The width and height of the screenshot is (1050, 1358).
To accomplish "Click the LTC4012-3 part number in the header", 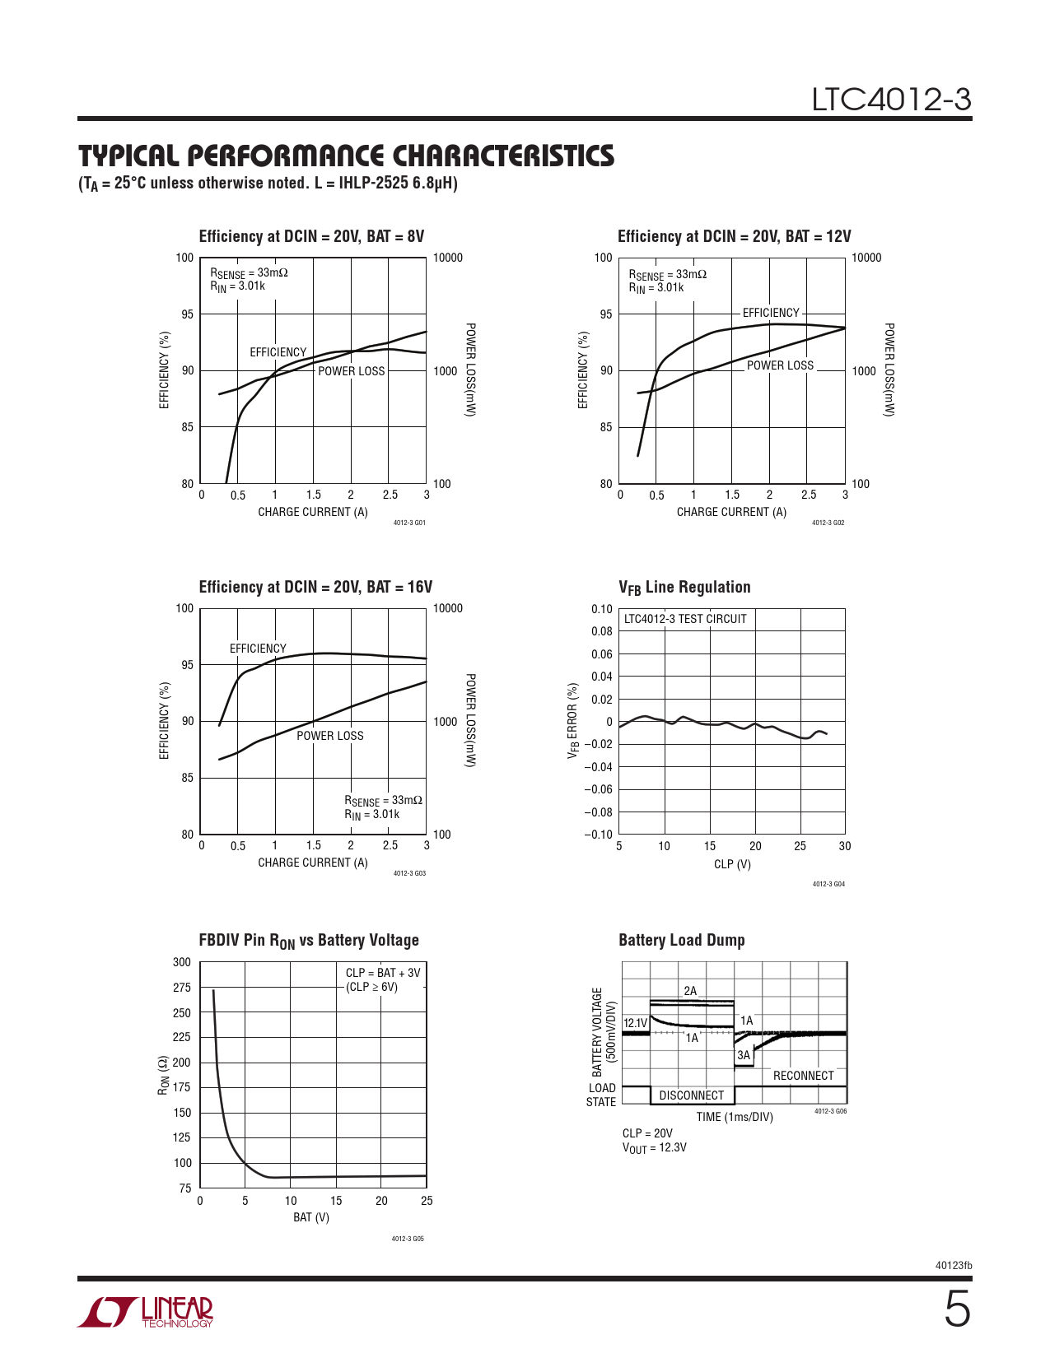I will [891, 100].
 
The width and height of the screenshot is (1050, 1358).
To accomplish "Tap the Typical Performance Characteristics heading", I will [346, 156].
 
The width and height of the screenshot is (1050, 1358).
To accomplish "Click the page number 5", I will [956, 1310].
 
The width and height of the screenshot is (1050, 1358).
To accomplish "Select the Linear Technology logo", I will [146, 1312].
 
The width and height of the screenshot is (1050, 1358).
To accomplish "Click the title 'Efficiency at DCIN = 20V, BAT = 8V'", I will [311, 237].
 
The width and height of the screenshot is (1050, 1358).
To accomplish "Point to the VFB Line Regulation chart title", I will [684, 588].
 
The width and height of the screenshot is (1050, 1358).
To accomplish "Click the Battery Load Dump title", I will [681, 940].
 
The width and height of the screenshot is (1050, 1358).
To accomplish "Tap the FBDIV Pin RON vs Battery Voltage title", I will [309, 941].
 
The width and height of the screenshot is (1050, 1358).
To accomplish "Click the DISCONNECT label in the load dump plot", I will [691, 1095].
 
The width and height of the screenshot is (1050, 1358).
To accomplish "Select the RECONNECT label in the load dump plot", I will [803, 1076].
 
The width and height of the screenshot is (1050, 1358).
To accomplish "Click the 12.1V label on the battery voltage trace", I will [635, 1023].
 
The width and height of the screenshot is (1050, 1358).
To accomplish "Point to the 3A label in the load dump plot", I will [744, 1055].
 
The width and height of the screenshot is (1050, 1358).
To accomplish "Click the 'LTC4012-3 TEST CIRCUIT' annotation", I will [685, 619].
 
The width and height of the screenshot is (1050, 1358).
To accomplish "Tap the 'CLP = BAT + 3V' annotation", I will [383, 973].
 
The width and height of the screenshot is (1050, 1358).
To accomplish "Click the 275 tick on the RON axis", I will [181, 988].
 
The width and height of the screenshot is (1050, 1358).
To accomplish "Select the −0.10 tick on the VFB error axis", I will [599, 835].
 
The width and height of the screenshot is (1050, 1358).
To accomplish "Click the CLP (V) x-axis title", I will [732, 864].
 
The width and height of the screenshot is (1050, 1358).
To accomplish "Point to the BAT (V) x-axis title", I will [311, 1217].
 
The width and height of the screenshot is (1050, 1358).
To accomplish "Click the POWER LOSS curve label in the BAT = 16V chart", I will [329, 736].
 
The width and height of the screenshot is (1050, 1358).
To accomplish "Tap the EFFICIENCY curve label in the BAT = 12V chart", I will [771, 313].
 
